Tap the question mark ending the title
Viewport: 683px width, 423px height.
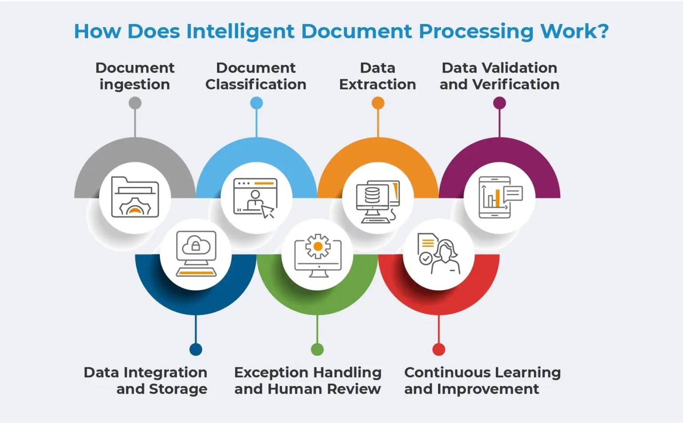tap(603, 31)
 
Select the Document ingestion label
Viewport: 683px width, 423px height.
tap(135, 76)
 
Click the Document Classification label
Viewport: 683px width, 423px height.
tap(256, 76)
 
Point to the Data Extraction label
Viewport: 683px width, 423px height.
tap(378, 76)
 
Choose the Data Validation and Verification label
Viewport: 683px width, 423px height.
tap(499, 76)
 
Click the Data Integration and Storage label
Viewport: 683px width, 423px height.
tap(145, 380)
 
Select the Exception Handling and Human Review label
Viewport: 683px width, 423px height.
tap(308, 380)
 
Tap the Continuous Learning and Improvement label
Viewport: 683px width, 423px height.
tap(482, 380)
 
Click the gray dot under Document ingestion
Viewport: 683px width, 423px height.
tap(135, 103)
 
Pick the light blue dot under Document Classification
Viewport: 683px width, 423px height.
tap(257, 103)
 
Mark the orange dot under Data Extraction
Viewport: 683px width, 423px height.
tap(378, 103)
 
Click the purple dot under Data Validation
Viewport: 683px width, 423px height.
tap(499, 103)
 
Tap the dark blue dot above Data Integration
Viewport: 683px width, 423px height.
tap(196, 349)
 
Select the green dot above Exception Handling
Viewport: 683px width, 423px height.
tap(317, 349)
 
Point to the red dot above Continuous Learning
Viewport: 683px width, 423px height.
tap(439, 349)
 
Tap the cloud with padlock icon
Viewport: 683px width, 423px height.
tap(196, 245)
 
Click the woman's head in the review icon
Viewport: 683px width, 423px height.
tap(446, 249)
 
